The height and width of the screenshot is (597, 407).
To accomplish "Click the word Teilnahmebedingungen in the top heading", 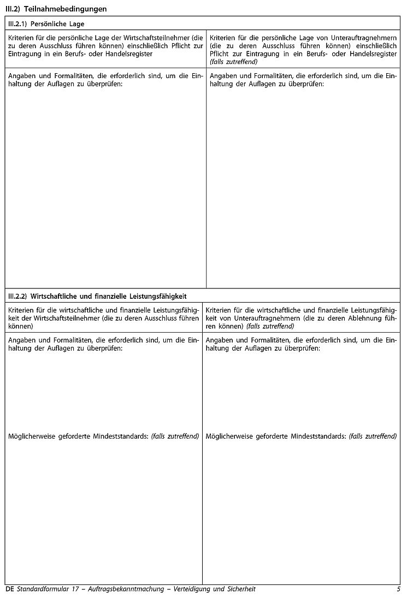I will pyautogui.click(x=65, y=9).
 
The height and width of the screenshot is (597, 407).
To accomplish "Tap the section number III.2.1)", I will pyautogui.click(x=17, y=24).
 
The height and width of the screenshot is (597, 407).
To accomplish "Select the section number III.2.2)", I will pyautogui.click(x=17, y=296).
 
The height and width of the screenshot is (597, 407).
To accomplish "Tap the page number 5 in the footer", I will pyautogui.click(x=398, y=589).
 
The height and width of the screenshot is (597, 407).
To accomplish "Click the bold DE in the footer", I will pyautogui.click(x=9, y=589).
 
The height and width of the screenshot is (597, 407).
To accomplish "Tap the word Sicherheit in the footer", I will pyautogui.click(x=239, y=589).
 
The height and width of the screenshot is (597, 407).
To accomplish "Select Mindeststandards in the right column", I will pyautogui.click(x=321, y=436).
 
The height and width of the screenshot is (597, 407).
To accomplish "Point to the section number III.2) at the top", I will pyautogui.click(x=13, y=9).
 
